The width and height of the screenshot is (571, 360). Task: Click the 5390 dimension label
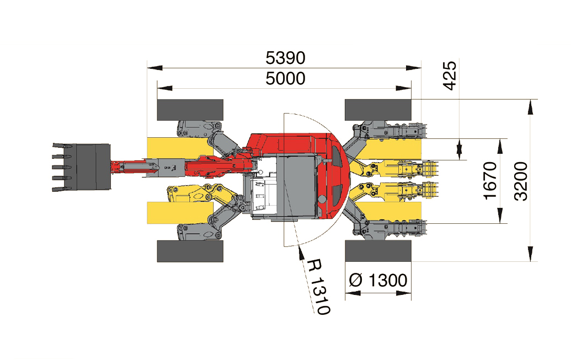(x=285, y=57)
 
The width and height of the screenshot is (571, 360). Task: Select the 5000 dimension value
(x=285, y=79)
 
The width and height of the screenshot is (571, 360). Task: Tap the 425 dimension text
(x=450, y=76)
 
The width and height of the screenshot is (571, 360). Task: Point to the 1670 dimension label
(x=490, y=180)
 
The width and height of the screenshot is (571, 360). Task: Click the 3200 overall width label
(x=521, y=180)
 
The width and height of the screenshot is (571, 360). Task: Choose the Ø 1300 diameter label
(x=378, y=281)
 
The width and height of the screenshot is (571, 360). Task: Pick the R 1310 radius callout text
(x=318, y=286)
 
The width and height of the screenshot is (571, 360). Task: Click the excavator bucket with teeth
(x=83, y=167)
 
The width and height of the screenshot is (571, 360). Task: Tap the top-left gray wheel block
(x=190, y=110)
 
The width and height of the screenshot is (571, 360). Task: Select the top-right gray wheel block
(x=378, y=110)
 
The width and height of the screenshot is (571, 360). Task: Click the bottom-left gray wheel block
(x=190, y=251)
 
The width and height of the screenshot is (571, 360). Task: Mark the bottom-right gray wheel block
(x=378, y=251)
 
